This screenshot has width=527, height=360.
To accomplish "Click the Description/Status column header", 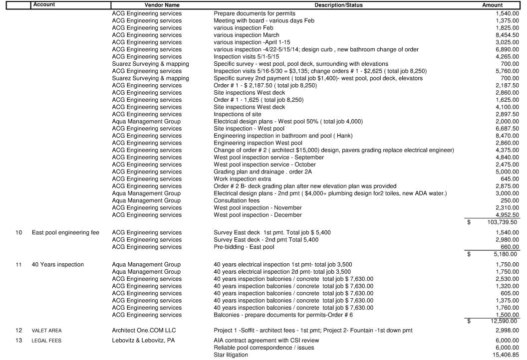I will tap(338, 4).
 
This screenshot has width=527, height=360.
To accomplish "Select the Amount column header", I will tap(492, 4).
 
